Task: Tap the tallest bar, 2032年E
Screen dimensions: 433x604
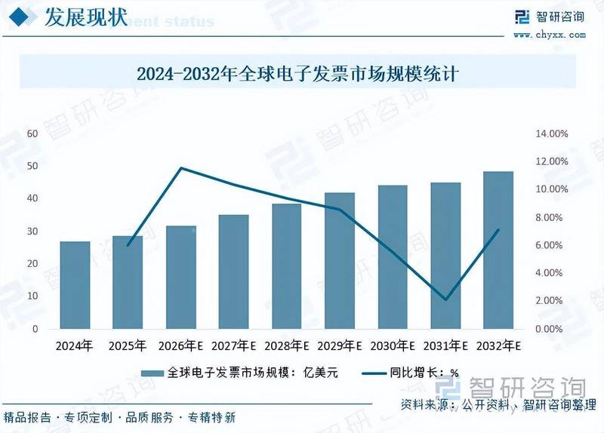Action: coord(498,250)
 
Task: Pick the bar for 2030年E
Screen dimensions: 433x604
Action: coord(393,257)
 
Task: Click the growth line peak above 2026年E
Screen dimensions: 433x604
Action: coord(181,168)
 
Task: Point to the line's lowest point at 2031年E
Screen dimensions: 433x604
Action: coord(445,299)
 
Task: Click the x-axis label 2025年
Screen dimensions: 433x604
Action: coord(128,346)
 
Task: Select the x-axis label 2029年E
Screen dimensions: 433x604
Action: coord(339,346)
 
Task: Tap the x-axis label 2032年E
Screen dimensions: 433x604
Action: coord(498,346)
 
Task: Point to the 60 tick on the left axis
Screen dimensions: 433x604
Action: coord(32,134)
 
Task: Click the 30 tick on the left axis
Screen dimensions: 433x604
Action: coord(32,232)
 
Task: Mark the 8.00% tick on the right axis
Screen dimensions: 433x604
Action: coord(550,217)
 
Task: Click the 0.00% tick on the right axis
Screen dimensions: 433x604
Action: coord(550,330)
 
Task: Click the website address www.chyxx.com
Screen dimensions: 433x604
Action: coord(548,34)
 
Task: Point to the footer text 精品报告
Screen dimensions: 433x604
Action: coord(28,417)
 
